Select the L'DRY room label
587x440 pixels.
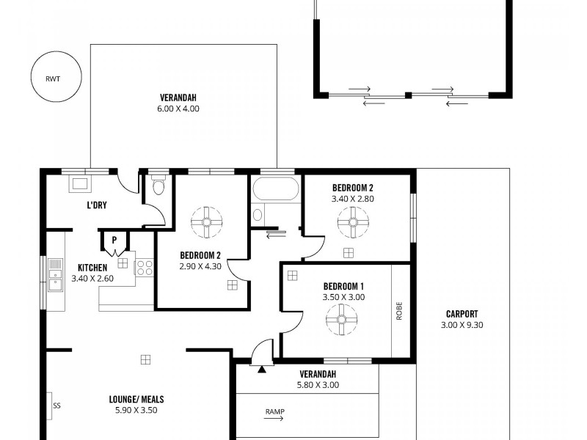[97, 205]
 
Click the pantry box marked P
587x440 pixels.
[114, 240]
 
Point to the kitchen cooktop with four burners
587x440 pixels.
[145, 267]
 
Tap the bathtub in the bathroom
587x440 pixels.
[275, 190]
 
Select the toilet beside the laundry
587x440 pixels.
[157, 186]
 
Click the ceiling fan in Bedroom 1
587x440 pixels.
[341, 320]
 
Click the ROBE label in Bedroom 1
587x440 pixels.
[400, 310]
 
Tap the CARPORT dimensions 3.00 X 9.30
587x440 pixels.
[462, 325]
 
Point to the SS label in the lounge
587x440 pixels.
[56, 404]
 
